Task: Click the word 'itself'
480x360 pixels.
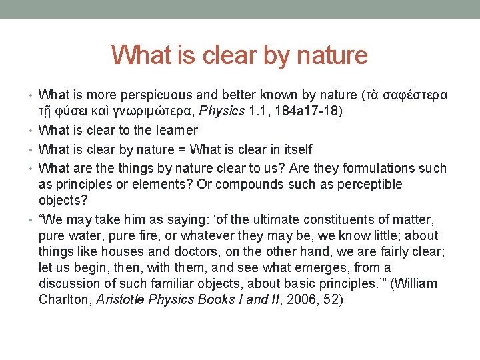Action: tap(296, 149)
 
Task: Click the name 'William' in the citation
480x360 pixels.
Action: tap(415, 283)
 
